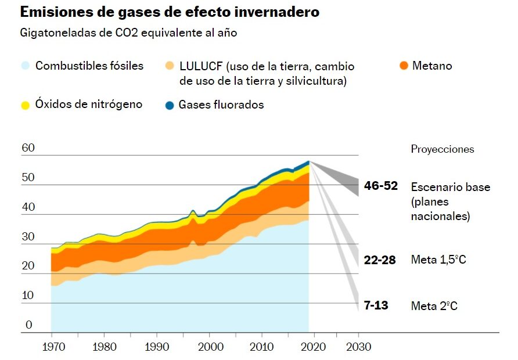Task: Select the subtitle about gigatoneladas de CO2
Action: pyautogui.click(x=128, y=33)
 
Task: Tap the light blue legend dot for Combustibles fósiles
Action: pyautogui.click(x=25, y=66)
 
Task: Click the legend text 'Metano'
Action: pyautogui.click(x=432, y=66)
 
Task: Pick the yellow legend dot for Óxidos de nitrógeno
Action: pyautogui.click(x=25, y=105)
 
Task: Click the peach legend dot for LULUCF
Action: pyautogui.click(x=170, y=66)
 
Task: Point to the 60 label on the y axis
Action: pyautogui.click(x=28, y=148)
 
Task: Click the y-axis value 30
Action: pyautogui.click(x=28, y=237)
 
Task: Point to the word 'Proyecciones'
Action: pyautogui.click(x=443, y=149)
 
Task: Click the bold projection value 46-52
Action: pyautogui.click(x=381, y=186)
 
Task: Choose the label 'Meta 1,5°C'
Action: pyautogui.click(x=438, y=260)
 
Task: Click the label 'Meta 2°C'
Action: pyautogui.click(x=434, y=305)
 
